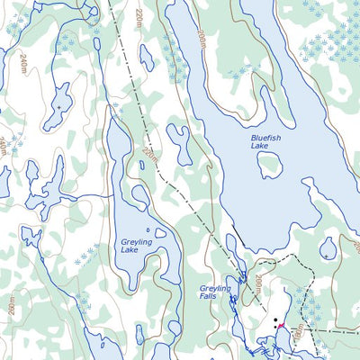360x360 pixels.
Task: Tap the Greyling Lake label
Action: (x=136, y=247)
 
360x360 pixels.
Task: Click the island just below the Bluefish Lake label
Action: (x=269, y=164)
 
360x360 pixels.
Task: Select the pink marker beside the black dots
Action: (x=281, y=325)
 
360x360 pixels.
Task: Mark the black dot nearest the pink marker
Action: (x=274, y=320)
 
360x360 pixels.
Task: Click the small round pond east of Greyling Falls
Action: (x=328, y=247)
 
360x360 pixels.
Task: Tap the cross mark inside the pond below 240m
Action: (x=59, y=106)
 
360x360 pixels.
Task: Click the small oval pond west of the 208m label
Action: (x=146, y=57)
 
